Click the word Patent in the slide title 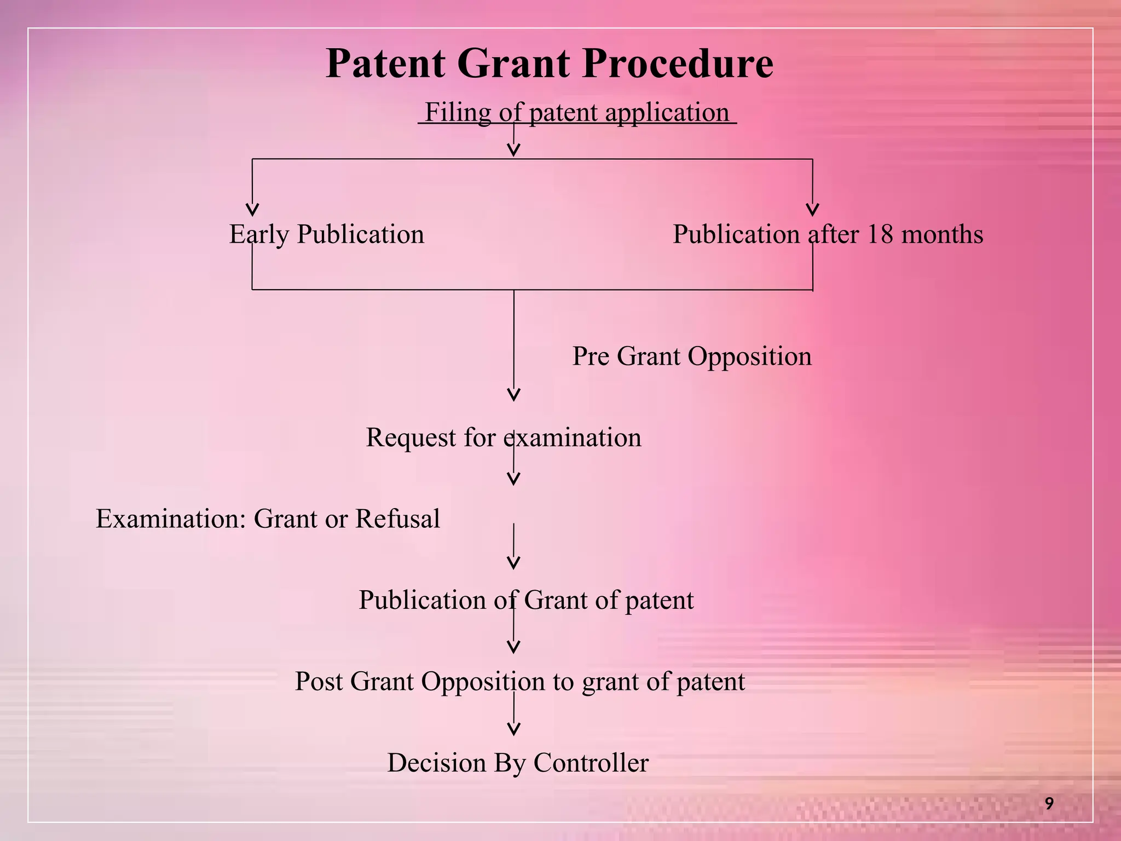tap(385, 65)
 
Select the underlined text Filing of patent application tap(577, 113)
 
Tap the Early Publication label tap(326, 234)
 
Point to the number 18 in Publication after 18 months tap(880, 234)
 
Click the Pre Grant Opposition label tap(692, 356)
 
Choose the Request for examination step tap(503, 437)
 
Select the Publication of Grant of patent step tap(526, 600)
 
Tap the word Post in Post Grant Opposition tap(319, 682)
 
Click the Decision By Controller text tap(518, 763)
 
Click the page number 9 tap(1049, 804)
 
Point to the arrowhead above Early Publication tap(252, 210)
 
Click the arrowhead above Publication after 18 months tap(813, 210)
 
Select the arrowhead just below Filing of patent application tap(513, 150)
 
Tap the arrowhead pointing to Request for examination tap(513, 395)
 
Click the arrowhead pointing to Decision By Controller tap(513, 729)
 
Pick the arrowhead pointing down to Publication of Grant tap(513, 563)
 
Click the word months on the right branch tap(942, 234)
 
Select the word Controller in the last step tap(591, 763)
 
